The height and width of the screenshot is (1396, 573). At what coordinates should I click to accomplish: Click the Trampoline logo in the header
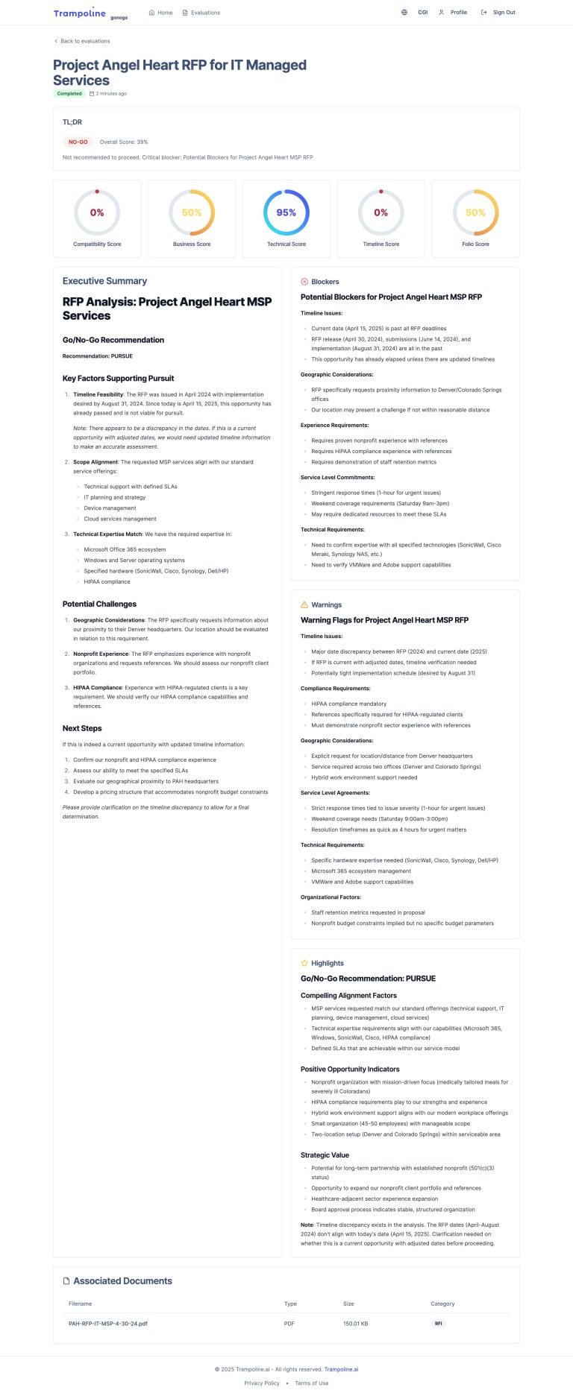(x=80, y=13)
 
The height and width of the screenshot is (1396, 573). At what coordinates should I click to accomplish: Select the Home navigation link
(x=161, y=13)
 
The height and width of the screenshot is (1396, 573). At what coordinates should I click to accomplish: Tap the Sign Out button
(x=498, y=13)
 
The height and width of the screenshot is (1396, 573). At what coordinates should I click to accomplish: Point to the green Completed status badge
(x=69, y=94)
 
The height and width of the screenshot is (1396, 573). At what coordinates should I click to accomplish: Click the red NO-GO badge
(x=78, y=142)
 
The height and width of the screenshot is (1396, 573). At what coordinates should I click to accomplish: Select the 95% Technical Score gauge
(x=286, y=212)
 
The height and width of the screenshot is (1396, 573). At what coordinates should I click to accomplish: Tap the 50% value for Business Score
(x=192, y=212)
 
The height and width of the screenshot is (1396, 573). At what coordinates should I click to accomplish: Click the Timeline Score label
(x=381, y=244)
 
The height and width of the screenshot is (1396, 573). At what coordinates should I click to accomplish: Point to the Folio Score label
(x=475, y=244)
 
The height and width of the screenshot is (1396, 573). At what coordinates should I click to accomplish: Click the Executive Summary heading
(x=104, y=281)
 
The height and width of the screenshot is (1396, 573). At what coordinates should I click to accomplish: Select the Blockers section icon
(x=304, y=282)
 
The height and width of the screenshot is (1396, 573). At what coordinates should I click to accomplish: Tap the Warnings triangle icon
(x=304, y=605)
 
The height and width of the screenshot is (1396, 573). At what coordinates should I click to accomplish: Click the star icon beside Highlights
(x=304, y=964)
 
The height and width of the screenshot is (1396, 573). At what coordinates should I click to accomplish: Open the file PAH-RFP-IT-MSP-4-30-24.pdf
(x=108, y=1324)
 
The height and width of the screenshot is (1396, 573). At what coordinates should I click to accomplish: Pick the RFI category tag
(x=438, y=1324)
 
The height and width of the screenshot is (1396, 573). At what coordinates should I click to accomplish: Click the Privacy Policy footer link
(x=262, y=1383)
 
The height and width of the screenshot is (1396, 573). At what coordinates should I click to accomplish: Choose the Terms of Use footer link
(x=312, y=1383)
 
